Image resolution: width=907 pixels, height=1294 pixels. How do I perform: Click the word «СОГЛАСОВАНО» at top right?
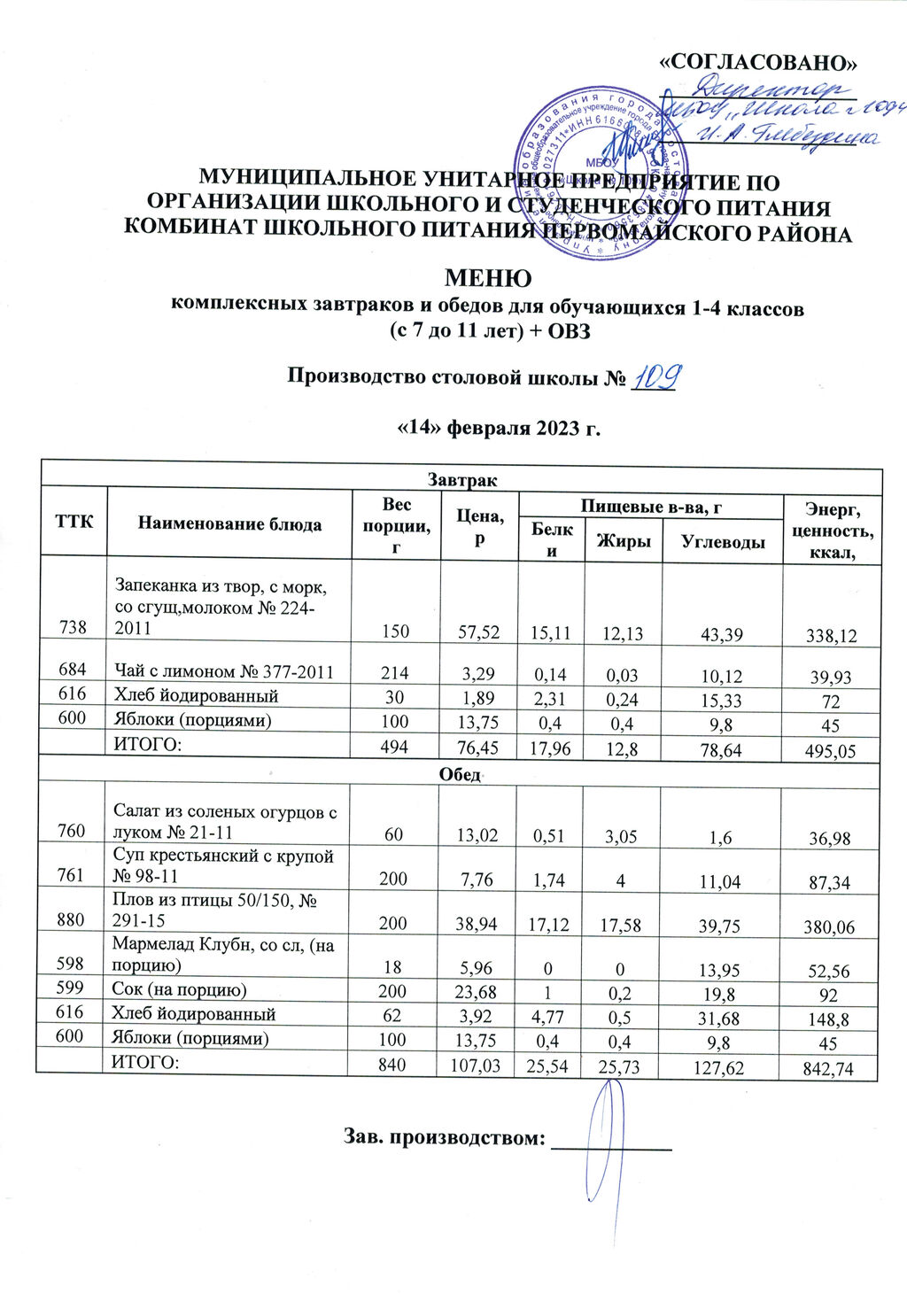tap(761, 61)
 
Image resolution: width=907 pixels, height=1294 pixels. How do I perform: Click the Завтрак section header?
tap(461, 480)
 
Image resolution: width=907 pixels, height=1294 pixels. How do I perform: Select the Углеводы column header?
tap(722, 541)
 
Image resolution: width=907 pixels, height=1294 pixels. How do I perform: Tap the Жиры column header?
tap(622, 541)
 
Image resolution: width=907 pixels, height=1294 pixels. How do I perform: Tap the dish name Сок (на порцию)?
tap(179, 988)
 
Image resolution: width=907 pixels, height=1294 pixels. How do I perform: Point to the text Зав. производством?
tap(443, 1136)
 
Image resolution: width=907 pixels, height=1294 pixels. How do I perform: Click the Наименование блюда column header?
tap(229, 523)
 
